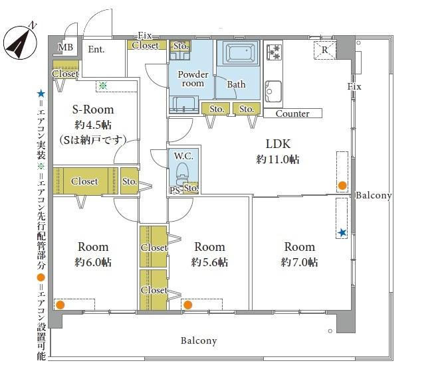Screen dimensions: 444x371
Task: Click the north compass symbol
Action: pos(20,42)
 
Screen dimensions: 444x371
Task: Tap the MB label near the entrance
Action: pos(65,47)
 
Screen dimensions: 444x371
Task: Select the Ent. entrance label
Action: pos(96,49)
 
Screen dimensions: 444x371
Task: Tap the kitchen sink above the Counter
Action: pos(273,92)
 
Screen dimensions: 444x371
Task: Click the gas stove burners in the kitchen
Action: pos(274,52)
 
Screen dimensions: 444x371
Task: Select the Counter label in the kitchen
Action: pos(292,113)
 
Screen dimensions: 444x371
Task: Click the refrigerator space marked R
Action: pos(325,50)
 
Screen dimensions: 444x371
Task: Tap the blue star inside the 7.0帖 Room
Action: pos(342,233)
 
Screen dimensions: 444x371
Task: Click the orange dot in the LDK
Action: pos(342,186)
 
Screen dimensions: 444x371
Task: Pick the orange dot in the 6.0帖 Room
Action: pos(60,305)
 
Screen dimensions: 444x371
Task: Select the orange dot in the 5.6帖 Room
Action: pos(187,305)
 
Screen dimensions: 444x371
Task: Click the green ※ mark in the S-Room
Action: pos(103,86)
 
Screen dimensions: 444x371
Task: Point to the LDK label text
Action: pos(278,144)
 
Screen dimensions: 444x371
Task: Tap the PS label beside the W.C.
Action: pos(175,190)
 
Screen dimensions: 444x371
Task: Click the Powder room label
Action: pos(193,78)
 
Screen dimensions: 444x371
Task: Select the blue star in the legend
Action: pos(41,94)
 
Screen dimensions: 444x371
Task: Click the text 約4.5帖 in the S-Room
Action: pos(93,125)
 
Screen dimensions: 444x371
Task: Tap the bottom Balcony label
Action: pos(199,340)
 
